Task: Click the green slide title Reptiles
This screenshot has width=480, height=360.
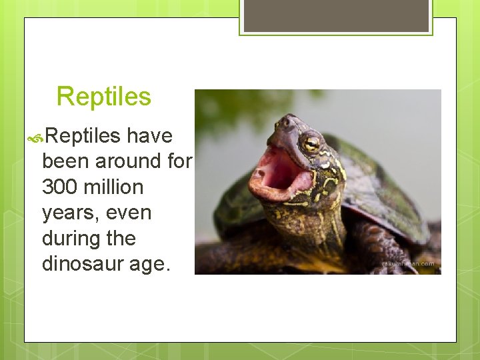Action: click(104, 97)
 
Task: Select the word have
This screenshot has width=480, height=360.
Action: click(149, 136)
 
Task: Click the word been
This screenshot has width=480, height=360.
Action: click(66, 161)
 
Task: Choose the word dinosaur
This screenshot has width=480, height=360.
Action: click(83, 264)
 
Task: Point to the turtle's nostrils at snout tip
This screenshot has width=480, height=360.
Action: click(285, 121)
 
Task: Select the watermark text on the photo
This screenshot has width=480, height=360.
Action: click(407, 264)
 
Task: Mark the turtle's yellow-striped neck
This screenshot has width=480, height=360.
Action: click(313, 213)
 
